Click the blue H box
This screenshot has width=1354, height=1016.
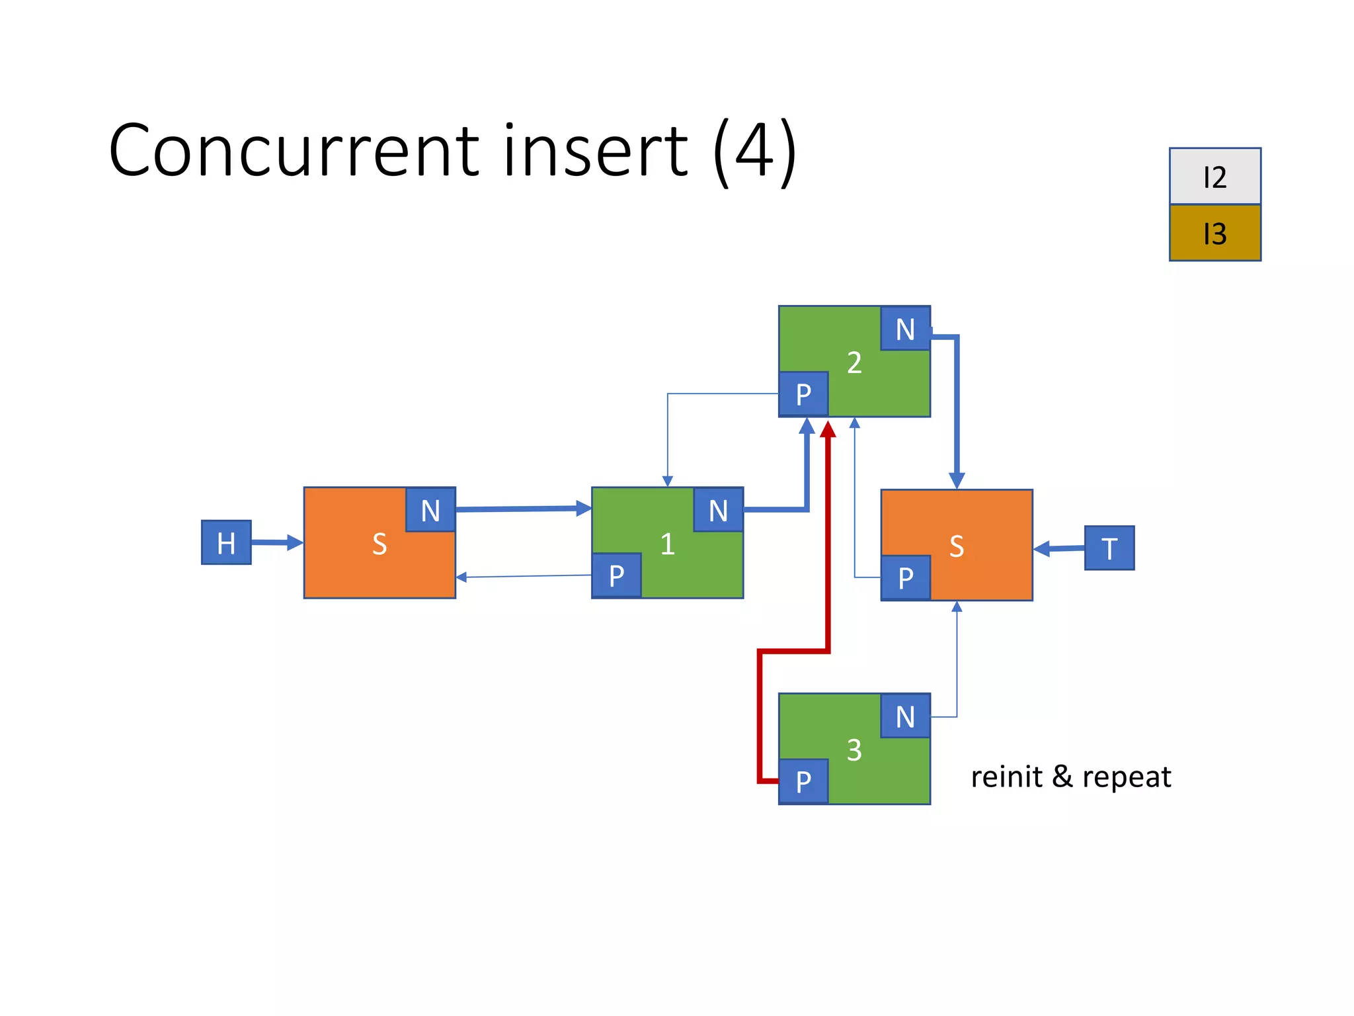click(x=226, y=542)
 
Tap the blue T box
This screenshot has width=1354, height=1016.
click(x=1109, y=548)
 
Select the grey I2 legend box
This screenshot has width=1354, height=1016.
click(x=1215, y=177)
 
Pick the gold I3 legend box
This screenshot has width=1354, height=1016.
click(x=1215, y=233)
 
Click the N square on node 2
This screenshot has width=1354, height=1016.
click(x=905, y=329)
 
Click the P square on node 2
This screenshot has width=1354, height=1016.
click(x=803, y=394)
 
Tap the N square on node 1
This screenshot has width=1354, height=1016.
click(x=718, y=510)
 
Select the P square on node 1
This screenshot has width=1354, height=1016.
click(x=616, y=575)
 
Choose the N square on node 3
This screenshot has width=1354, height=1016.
click(x=905, y=716)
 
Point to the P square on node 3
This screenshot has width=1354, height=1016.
click(x=803, y=781)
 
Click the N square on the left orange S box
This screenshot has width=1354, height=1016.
click(x=430, y=510)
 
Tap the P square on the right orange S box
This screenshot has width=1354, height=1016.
click(x=905, y=577)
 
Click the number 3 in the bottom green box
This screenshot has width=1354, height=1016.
click(x=854, y=750)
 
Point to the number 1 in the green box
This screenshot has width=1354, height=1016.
click(x=667, y=544)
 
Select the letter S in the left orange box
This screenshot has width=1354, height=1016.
click(x=379, y=544)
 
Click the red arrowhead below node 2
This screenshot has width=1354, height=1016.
click(x=828, y=430)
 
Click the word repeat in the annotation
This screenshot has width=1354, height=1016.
click(x=1127, y=777)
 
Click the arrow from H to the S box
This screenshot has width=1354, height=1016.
click(x=276, y=542)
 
